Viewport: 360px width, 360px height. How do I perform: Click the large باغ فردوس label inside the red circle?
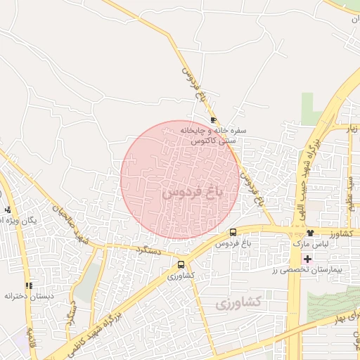[192, 191]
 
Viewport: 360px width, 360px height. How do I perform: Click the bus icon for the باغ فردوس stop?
[233, 232]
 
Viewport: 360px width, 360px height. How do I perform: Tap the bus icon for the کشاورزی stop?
[181, 265]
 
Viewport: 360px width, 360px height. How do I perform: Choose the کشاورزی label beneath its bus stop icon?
[181, 276]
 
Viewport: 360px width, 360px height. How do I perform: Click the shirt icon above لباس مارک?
[309, 233]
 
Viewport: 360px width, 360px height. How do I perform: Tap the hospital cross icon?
[307, 259]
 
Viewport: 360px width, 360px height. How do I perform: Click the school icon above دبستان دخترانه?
[29, 285]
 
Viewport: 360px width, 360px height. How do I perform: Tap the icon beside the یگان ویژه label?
[7, 210]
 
